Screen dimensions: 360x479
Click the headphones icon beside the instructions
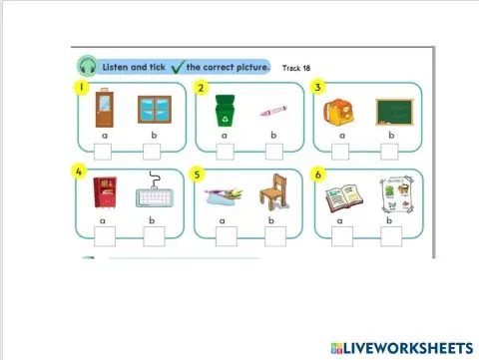click(x=88, y=67)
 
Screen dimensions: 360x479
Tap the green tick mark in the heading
click(x=177, y=68)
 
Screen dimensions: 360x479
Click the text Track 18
click(x=296, y=68)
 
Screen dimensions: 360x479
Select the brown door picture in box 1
click(x=103, y=110)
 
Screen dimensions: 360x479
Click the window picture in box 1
click(x=153, y=110)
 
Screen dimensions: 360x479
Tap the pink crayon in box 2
click(x=270, y=111)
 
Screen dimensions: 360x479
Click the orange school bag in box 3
click(x=339, y=111)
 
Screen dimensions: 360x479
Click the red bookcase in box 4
click(x=104, y=192)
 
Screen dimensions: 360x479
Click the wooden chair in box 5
click(x=272, y=193)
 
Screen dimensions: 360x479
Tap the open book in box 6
click(x=341, y=194)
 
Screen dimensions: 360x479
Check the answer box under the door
click(x=103, y=152)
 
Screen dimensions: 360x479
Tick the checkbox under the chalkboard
click(x=391, y=152)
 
